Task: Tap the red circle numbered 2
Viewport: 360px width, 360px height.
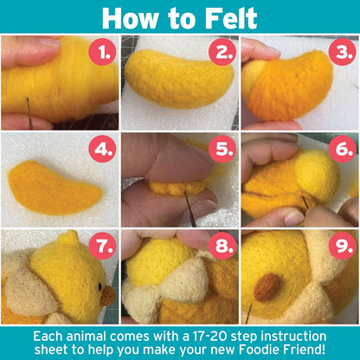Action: point(223,54)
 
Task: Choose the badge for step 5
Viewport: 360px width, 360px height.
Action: point(223,149)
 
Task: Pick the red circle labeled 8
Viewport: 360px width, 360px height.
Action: point(223,247)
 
